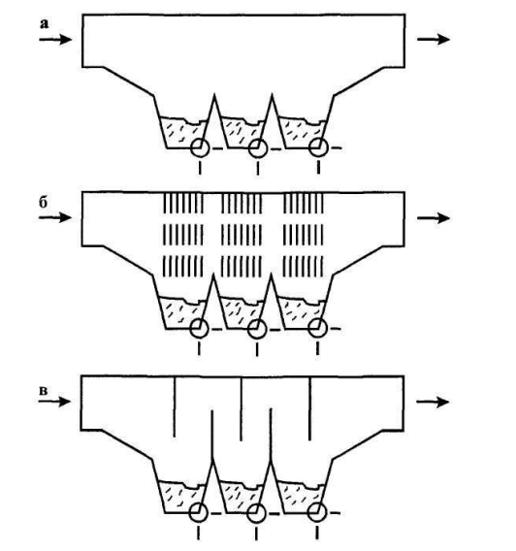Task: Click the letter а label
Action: (x=45, y=24)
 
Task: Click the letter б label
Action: (x=43, y=202)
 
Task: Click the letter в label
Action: (x=43, y=391)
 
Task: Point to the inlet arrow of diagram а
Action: (x=55, y=39)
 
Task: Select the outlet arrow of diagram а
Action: (x=434, y=39)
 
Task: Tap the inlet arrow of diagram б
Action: (x=55, y=217)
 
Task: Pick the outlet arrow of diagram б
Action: (x=434, y=218)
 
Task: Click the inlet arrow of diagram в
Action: (x=54, y=402)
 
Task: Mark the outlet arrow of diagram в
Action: (x=433, y=402)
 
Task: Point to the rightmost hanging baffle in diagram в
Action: (x=309, y=408)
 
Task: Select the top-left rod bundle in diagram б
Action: (x=183, y=204)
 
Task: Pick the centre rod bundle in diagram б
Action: (x=242, y=235)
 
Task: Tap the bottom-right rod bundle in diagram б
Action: (x=304, y=266)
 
